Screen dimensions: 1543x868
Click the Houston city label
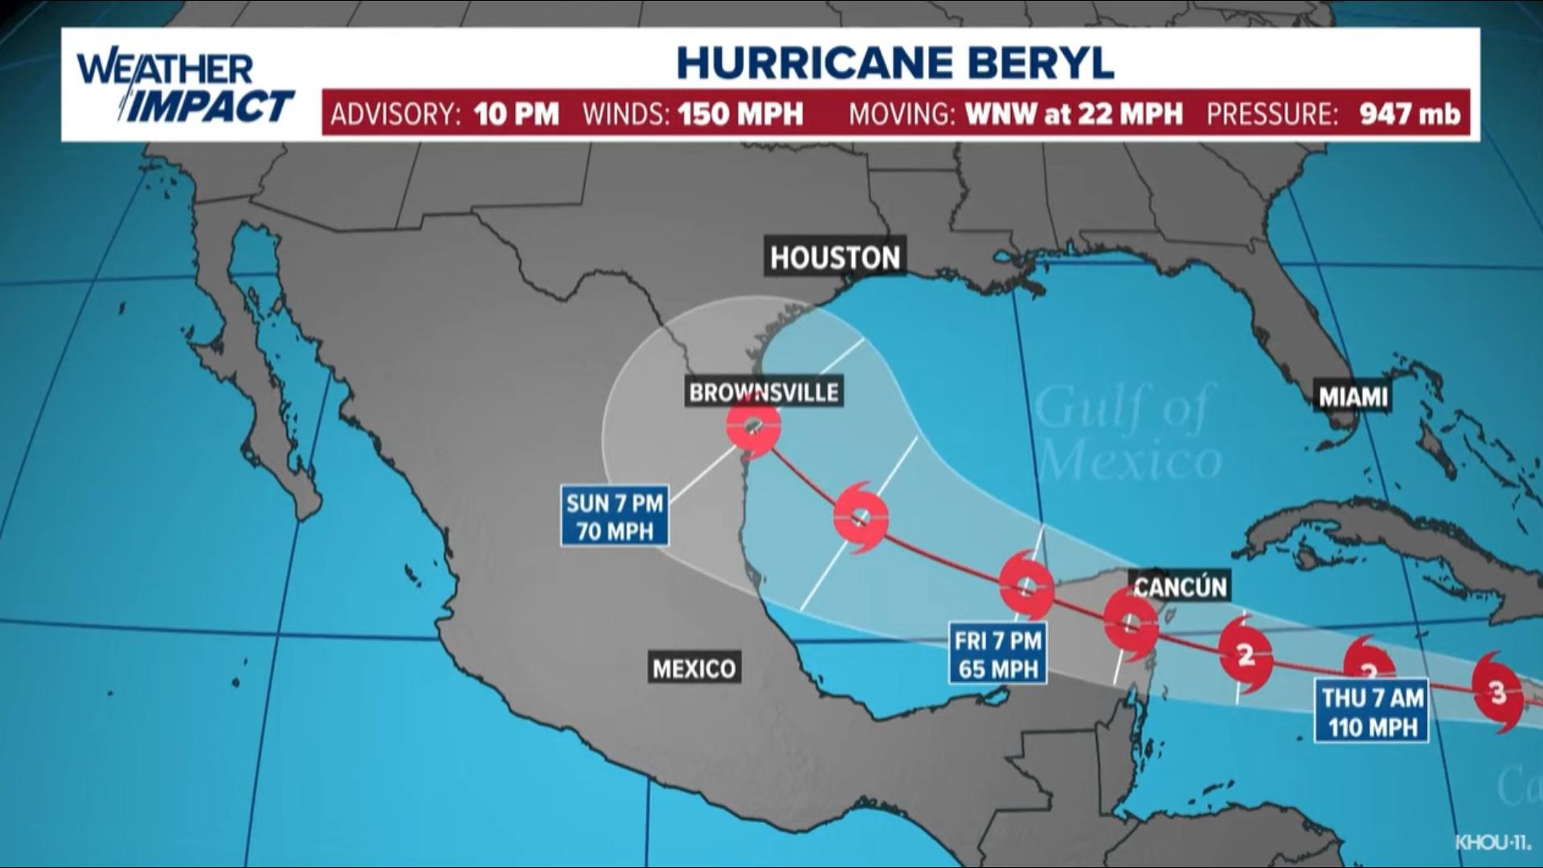click(835, 257)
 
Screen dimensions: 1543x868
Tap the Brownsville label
click(763, 392)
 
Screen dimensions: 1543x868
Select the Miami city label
click(1353, 396)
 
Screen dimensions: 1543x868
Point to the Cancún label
click(1180, 587)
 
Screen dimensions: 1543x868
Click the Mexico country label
click(694, 669)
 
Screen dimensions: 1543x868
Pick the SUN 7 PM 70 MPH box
click(615, 518)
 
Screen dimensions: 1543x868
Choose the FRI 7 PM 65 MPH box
click(997, 655)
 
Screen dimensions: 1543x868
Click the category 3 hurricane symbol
click(1497, 692)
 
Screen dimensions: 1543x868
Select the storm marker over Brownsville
click(753, 425)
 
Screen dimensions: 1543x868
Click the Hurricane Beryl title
click(895, 63)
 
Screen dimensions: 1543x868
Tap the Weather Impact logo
click(185, 88)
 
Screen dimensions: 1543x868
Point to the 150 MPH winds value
click(740, 114)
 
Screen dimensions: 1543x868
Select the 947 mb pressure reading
click(1410, 114)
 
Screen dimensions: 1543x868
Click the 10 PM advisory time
click(516, 114)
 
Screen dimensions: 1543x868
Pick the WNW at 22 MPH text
click(1074, 114)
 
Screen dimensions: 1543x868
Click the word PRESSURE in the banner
click(1271, 114)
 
